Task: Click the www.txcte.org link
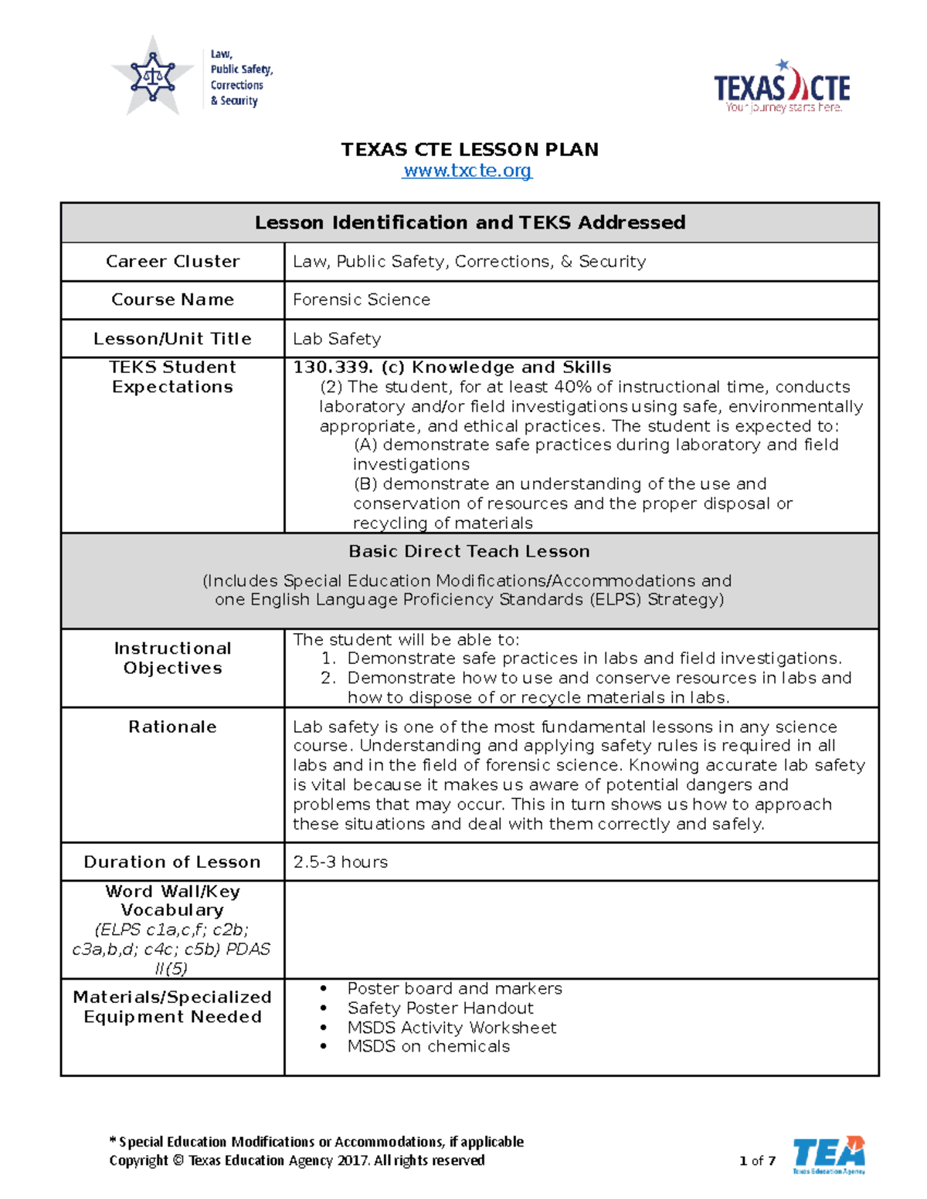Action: point(467,171)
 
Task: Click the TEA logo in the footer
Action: point(829,1155)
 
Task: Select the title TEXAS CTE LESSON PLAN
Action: point(470,149)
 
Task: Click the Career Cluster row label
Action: point(172,262)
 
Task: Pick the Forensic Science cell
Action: point(362,300)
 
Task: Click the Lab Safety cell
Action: point(337,339)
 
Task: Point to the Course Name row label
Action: point(172,300)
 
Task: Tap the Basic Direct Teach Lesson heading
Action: point(469,551)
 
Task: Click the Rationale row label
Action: point(172,727)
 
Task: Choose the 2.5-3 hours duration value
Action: point(340,862)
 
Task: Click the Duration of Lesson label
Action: point(172,862)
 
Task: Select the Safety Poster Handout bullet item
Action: point(440,1008)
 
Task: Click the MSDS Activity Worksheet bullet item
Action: point(451,1028)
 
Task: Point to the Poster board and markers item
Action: point(454,988)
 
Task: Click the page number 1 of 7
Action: point(757,1160)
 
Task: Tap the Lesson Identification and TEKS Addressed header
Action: point(470,222)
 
